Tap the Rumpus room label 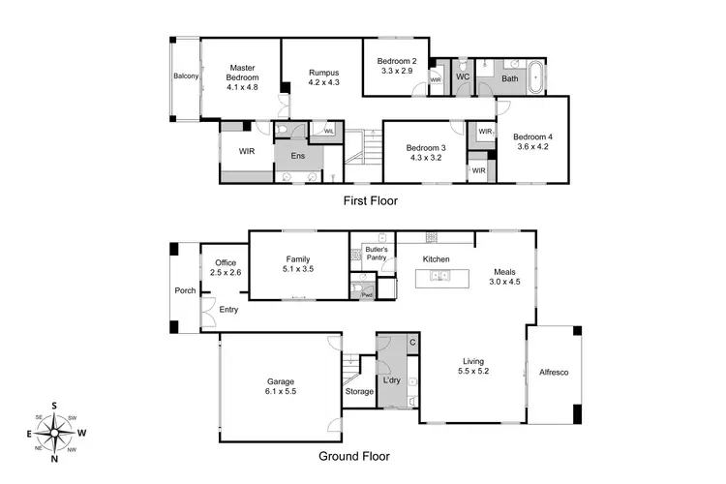[x=323, y=73]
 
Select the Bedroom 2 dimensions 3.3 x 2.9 [x=396, y=71]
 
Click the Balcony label [x=186, y=76]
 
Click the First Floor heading [x=371, y=201]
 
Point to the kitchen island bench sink [x=440, y=277]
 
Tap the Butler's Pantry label [x=377, y=255]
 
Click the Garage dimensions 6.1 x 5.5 [x=281, y=393]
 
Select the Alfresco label [x=553, y=372]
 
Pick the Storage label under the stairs [x=359, y=392]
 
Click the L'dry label [x=392, y=380]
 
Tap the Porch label [x=184, y=290]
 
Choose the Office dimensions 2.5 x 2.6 [x=226, y=274]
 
